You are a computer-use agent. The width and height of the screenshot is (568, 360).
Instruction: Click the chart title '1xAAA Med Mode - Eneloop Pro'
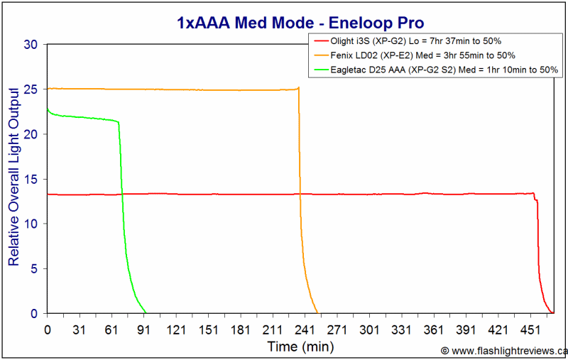pyautogui.click(x=300, y=23)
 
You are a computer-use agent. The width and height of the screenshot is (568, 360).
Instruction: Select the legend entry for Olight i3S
pyautogui.click(x=407, y=41)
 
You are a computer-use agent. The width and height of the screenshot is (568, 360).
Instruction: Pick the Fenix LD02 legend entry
pyautogui.click(x=415, y=55)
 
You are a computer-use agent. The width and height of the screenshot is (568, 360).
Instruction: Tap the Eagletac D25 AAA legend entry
pyautogui.click(x=436, y=70)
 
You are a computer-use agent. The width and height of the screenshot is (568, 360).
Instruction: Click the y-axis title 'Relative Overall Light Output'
pyautogui.click(x=13, y=177)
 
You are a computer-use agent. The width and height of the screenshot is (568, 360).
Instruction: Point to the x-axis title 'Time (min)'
pyautogui.click(x=300, y=347)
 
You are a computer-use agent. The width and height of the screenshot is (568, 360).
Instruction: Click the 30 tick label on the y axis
pyautogui.click(x=31, y=45)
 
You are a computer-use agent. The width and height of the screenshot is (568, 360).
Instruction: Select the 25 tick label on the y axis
pyautogui.click(x=31, y=89)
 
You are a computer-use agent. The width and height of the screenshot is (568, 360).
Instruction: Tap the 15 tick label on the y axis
pyautogui.click(x=31, y=179)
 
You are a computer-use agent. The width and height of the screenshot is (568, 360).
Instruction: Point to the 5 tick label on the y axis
pyautogui.click(x=34, y=268)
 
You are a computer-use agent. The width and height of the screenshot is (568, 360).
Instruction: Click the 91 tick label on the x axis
pyautogui.click(x=144, y=330)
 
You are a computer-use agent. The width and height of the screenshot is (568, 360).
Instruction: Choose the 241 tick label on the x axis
pyautogui.click(x=305, y=330)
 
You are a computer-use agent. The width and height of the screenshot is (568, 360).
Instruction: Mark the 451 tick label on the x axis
pyautogui.click(x=530, y=330)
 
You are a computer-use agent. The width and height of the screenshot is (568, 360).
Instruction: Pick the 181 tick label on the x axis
pyautogui.click(x=240, y=330)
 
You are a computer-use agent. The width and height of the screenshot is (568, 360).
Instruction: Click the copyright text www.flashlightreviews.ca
pyautogui.click(x=504, y=351)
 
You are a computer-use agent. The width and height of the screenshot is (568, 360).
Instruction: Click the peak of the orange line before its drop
pyautogui.click(x=298, y=87)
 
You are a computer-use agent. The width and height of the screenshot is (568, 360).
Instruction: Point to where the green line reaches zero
pyautogui.click(x=146, y=313)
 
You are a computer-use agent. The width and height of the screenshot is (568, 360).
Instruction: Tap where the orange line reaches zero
pyautogui.click(x=317, y=313)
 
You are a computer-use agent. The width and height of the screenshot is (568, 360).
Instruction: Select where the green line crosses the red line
pyautogui.click(x=122, y=194)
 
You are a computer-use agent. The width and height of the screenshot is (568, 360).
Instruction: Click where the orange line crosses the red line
pyautogui.click(x=300, y=194)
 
